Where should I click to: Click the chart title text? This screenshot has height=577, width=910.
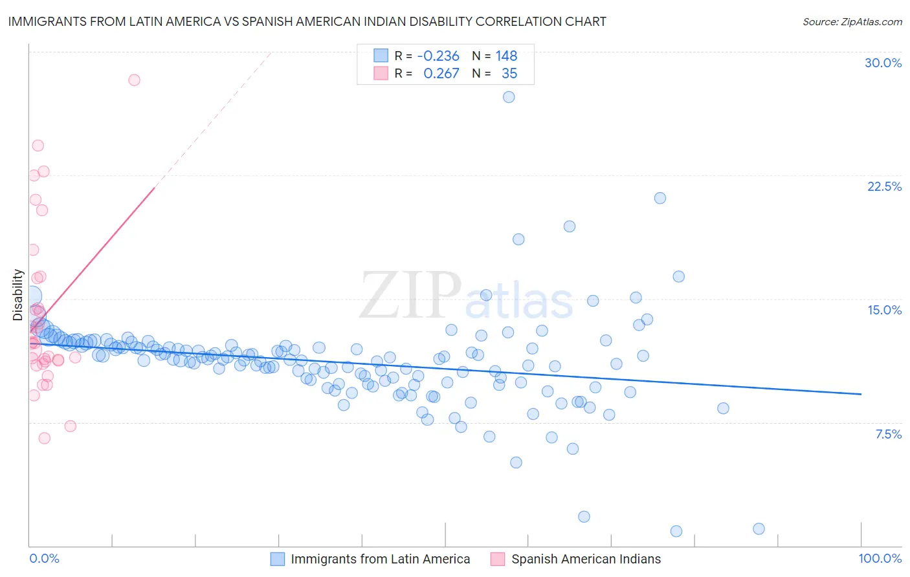[x=307, y=21]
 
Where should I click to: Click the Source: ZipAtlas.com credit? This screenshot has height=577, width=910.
[x=852, y=21]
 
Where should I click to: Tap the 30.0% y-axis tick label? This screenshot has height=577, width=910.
[x=883, y=63]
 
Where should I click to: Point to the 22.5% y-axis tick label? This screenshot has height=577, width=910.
[x=884, y=186]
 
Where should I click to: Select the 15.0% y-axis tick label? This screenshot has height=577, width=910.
[x=884, y=310]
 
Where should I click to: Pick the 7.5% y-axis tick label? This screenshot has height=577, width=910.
[x=888, y=434]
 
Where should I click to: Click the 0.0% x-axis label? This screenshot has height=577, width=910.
[x=44, y=558]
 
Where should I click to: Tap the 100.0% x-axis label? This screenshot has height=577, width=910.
[x=880, y=558]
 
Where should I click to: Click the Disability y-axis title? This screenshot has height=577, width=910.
[x=18, y=295]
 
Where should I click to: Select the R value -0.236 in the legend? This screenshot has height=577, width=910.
[x=438, y=56]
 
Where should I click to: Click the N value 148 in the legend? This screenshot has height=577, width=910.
[x=506, y=56]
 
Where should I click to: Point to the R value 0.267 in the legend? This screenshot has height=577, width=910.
[x=441, y=74]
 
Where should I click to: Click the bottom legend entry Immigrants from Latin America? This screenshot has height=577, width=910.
[x=380, y=559]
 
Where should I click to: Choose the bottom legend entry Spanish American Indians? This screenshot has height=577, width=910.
[x=586, y=559]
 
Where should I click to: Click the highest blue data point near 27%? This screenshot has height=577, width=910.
[x=509, y=97]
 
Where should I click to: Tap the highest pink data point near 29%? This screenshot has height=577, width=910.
[x=134, y=80]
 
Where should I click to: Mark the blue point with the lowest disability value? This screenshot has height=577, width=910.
[x=676, y=531]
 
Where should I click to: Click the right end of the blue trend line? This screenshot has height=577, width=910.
[x=861, y=394]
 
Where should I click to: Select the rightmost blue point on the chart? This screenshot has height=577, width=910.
[x=759, y=528]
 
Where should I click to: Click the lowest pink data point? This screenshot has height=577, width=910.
[x=44, y=438]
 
